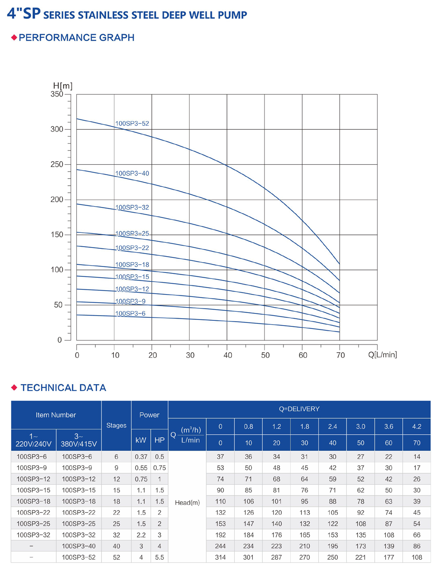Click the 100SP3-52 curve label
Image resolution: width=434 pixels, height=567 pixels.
click(x=132, y=124)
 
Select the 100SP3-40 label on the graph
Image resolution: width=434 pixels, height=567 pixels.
click(x=132, y=174)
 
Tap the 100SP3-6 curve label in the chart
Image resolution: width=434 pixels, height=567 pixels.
click(x=130, y=314)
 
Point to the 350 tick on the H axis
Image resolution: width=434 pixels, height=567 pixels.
click(x=57, y=94)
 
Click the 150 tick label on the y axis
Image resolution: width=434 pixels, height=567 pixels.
click(x=57, y=235)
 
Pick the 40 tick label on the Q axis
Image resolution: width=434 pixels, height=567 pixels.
click(x=228, y=355)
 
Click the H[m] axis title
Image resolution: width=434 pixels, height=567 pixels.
click(x=63, y=86)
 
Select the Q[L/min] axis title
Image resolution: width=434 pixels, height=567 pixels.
click(x=382, y=355)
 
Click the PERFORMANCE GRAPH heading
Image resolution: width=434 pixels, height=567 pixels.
click(x=76, y=38)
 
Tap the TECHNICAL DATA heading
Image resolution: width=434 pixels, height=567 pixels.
click(x=63, y=388)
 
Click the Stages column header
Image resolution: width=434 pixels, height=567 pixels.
click(x=116, y=426)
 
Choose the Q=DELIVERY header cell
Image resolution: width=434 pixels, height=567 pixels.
click(x=299, y=409)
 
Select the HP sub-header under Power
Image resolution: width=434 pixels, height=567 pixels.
click(x=159, y=440)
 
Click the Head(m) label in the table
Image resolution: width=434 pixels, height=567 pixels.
click(x=187, y=503)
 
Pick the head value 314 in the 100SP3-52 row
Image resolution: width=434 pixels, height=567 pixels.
click(x=220, y=558)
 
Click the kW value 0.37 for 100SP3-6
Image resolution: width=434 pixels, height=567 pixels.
click(x=141, y=457)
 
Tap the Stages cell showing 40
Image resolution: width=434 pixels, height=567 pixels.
click(x=116, y=546)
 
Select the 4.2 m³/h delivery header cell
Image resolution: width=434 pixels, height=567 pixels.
click(x=416, y=426)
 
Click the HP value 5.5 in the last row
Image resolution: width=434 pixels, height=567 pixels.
click(x=159, y=558)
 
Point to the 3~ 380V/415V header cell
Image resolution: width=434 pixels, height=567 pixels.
click(x=79, y=440)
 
